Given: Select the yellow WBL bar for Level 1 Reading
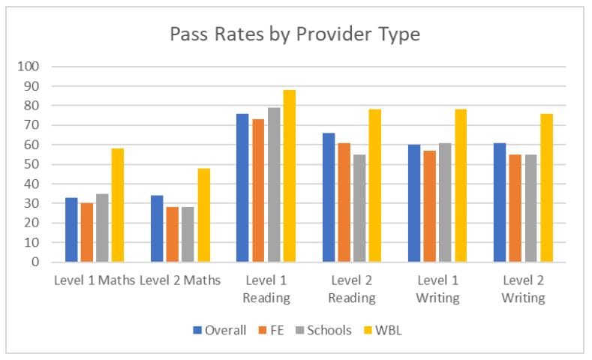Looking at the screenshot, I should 289,176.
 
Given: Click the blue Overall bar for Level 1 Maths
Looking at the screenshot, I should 71,229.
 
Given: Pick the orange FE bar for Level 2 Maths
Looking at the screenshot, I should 173,235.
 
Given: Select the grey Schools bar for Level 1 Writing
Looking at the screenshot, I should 445,202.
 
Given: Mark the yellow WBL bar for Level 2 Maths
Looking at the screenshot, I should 203,215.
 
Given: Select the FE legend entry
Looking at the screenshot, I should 275,330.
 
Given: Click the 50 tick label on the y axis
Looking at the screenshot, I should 32,164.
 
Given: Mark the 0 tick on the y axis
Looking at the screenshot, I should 35,262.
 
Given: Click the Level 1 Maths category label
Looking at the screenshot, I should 95,280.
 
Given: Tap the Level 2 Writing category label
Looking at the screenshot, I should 522,289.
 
